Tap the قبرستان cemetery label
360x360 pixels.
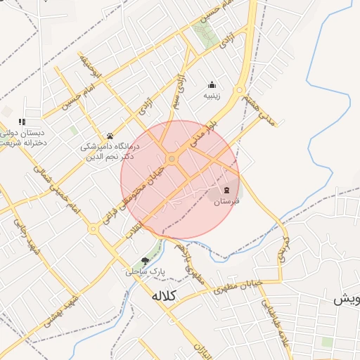coord(226,202)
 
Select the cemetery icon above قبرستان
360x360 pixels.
coord(226,190)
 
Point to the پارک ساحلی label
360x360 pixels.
coord(145,271)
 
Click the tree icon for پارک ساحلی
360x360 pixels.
coord(146,260)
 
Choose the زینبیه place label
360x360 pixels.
coord(212,95)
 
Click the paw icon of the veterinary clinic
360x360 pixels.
coord(110,136)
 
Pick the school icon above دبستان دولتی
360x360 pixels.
coord(22,121)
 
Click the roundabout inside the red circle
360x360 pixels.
coord(172,159)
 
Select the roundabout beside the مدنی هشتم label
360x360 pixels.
coord(239,89)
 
